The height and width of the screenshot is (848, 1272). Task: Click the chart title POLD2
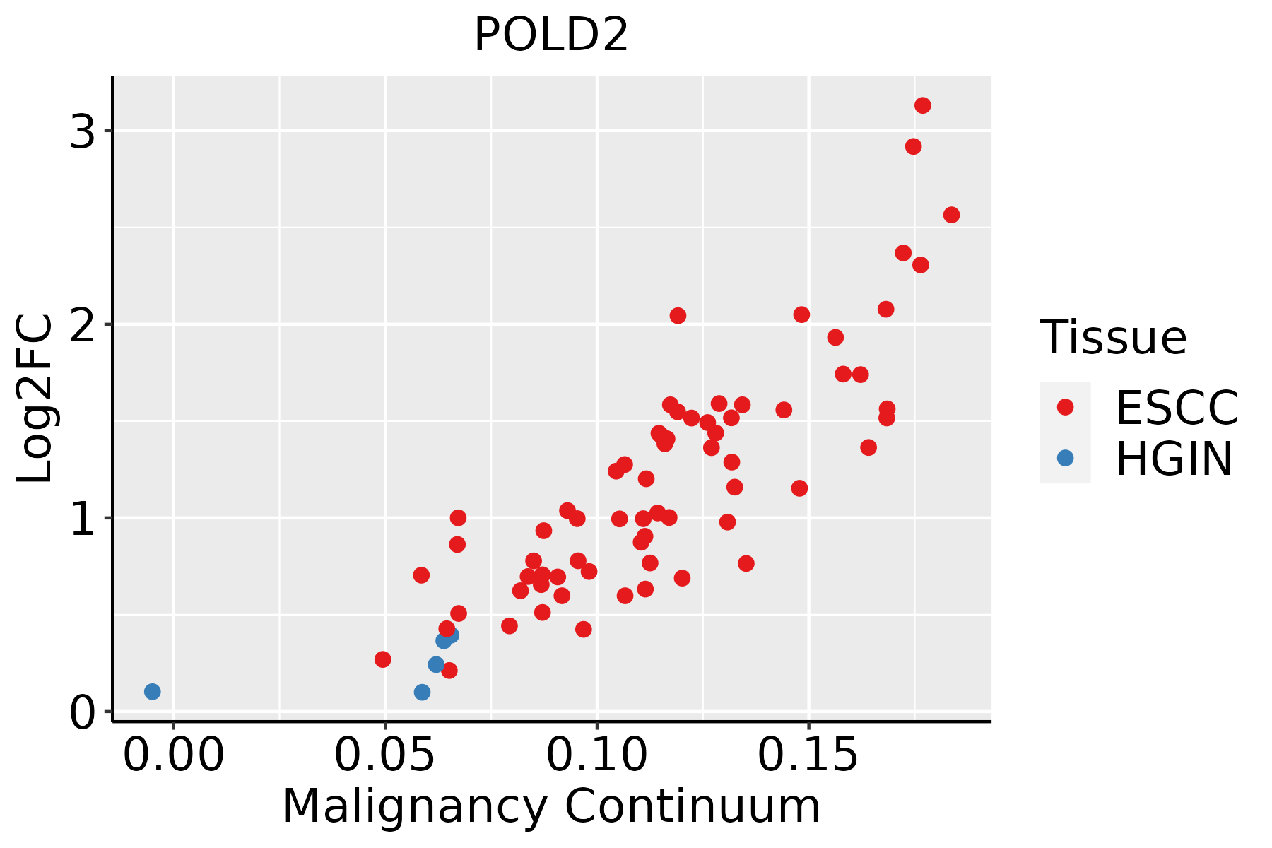coord(551,35)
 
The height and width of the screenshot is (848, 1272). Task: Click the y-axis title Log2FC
coord(35,399)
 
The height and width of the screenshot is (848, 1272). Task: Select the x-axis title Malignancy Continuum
coord(551,806)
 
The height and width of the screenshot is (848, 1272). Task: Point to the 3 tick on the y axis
coord(83,131)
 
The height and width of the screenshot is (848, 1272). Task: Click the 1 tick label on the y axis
coord(83,519)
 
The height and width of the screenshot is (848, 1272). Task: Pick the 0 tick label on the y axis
coord(83,712)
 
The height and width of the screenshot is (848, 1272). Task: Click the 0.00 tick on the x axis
coord(173,755)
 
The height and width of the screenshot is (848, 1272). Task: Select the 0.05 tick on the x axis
coord(385,755)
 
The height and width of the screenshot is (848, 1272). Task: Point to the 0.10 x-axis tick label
coord(597,755)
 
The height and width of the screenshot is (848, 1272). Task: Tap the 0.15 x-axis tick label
coord(808,755)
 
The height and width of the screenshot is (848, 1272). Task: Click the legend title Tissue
coord(1114,338)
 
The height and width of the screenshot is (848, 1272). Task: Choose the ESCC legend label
coord(1177,408)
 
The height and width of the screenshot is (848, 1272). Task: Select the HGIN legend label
coord(1174,459)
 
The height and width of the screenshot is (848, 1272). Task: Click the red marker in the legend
coord(1065,407)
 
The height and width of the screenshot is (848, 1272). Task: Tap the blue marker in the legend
coord(1065,458)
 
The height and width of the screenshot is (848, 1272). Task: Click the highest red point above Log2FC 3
coord(922,105)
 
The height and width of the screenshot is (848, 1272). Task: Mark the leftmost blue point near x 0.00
coord(152,691)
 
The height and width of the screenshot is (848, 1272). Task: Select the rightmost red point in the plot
coord(951,215)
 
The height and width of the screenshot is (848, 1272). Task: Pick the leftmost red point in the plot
coord(382,659)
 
